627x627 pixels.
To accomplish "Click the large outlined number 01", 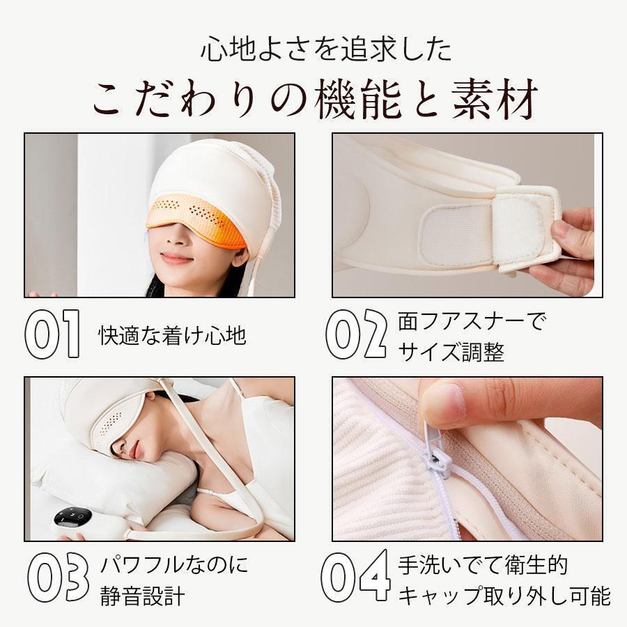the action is click(53, 334).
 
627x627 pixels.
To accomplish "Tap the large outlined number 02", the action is click(356, 334).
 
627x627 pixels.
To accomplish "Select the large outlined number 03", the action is click(59, 577).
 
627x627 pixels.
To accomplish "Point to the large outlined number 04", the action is click(356, 576).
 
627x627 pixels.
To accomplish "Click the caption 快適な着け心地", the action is click(172, 335).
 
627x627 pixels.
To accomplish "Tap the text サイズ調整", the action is click(451, 352).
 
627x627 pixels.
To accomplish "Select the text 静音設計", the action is click(143, 596).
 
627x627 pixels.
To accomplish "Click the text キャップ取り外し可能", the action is click(504, 596).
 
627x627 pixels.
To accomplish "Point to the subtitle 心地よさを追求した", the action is click(326, 49).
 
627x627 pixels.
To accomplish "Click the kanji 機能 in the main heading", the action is click(357, 98).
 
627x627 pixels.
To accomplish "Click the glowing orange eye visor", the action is click(196, 219).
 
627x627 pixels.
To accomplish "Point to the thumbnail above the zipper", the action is click(443, 403).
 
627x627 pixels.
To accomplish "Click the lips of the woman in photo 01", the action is click(176, 258).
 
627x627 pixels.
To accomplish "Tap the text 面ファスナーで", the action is click(470, 321).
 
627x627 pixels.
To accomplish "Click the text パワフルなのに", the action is click(174, 564).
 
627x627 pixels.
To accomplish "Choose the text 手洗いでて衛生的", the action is click(483, 564).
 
